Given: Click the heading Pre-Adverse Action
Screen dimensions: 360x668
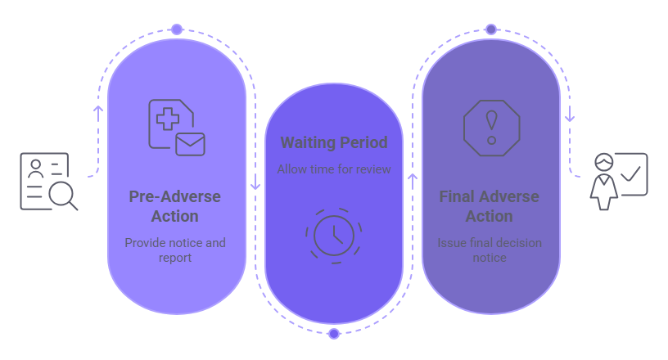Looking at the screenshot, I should point(174,206).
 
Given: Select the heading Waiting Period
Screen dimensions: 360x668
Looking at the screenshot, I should point(334,143).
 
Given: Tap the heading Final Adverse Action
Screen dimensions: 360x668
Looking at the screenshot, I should point(489,206).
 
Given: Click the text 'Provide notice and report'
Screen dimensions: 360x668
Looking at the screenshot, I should point(174,250).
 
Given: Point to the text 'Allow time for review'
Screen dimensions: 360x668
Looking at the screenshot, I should point(334,169).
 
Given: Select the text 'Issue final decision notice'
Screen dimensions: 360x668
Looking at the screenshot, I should point(489,250).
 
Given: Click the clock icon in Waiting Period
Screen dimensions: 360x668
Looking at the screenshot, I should point(334,235).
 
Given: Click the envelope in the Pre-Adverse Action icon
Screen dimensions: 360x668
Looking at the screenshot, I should point(190,143).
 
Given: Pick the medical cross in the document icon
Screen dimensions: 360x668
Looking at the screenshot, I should point(169,119).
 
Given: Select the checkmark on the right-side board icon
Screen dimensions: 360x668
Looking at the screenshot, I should point(631,173).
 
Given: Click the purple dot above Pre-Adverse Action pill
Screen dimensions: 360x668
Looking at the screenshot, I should point(177,29).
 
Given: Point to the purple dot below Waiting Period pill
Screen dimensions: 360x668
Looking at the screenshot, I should point(334,334).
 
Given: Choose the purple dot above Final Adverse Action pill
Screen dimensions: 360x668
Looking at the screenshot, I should point(491,29).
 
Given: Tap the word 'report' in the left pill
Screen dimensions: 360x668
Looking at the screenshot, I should point(174,258).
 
